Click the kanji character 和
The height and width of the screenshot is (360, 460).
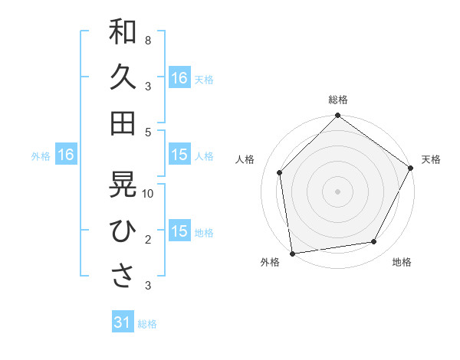[123, 32]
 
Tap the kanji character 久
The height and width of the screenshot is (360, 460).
[123, 78]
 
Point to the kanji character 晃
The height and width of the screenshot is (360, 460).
[123, 185]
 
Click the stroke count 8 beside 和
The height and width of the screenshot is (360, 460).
[147, 39]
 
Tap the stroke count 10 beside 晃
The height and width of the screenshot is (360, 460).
[149, 193]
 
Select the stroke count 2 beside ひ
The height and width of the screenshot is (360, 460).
[147, 239]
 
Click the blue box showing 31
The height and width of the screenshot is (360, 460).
[122, 323]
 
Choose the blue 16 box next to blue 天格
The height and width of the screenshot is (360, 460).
[179, 78]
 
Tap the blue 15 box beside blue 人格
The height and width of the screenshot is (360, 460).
[179, 155]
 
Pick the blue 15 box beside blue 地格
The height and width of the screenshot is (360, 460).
[179, 231]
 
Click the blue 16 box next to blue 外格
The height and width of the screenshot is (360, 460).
[66, 155]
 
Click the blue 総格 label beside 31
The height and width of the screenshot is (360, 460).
[147, 324]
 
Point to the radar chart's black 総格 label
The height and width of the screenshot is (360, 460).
[337, 100]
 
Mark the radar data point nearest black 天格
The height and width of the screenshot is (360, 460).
[410, 168]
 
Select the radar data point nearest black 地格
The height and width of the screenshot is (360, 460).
[374, 242]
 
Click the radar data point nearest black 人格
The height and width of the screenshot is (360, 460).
[280, 172]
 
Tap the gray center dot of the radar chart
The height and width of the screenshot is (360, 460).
[337, 191]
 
